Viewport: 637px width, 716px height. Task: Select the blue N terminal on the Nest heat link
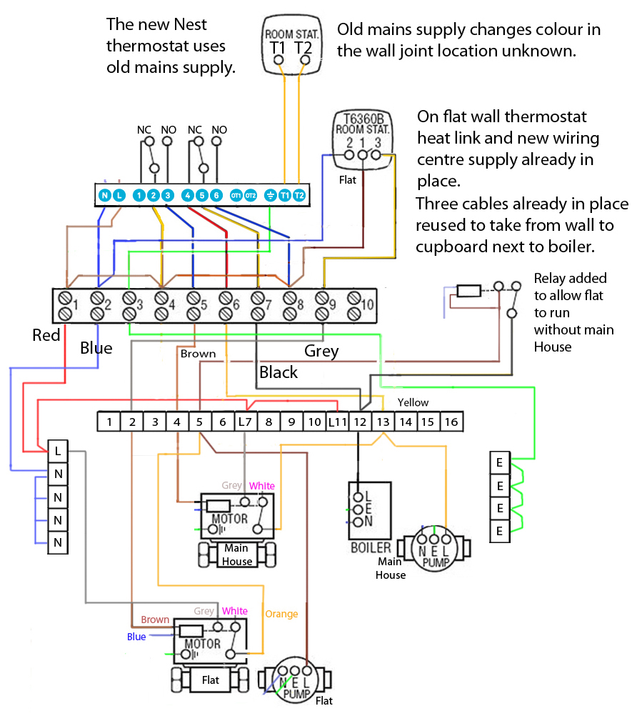(x=104, y=194)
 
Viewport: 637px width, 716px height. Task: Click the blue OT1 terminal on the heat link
(x=236, y=194)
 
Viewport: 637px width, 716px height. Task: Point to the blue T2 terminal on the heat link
(x=299, y=194)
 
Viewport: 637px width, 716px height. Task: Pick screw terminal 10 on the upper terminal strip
(x=355, y=305)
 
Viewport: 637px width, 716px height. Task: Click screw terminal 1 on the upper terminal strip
(x=67, y=305)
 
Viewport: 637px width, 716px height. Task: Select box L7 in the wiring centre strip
(x=245, y=422)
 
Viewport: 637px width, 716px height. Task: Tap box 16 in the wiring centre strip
(x=451, y=422)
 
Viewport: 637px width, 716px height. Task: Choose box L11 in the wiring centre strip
(x=337, y=422)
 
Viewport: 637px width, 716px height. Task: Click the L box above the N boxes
(x=58, y=451)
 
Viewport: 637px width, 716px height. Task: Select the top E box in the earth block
(x=499, y=463)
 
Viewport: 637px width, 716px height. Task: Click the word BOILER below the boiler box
(x=370, y=548)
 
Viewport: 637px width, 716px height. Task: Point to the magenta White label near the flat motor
(x=234, y=611)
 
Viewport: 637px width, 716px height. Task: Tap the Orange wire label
(x=281, y=614)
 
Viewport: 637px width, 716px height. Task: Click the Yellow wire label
(x=413, y=403)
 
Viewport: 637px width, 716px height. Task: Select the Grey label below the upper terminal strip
(x=321, y=351)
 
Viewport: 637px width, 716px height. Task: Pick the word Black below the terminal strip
(x=279, y=372)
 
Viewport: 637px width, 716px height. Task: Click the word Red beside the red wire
(x=46, y=335)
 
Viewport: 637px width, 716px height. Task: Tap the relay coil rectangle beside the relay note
(x=468, y=291)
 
